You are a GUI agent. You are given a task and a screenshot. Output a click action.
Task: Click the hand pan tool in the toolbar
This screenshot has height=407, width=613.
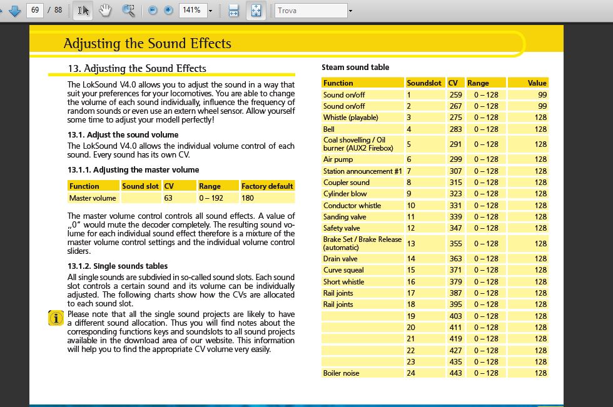(x=105, y=10)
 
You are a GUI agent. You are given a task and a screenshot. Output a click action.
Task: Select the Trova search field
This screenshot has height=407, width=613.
(x=310, y=10)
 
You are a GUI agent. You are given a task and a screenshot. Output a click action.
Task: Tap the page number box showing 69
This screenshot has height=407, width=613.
(x=35, y=10)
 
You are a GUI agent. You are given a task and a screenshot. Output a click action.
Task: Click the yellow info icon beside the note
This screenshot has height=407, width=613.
(x=56, y=318)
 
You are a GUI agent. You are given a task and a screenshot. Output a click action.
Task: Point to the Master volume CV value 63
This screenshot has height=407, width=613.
(x=168, y=198)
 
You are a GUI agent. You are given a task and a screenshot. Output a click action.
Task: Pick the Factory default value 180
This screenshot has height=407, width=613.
(x=248, y=198)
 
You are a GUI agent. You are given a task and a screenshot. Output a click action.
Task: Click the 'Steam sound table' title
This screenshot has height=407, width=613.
(x=355, y=67)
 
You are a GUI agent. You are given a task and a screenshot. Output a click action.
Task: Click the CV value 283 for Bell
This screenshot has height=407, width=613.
(x=455, y=129)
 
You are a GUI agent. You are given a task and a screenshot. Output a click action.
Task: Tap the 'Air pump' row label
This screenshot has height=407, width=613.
(x=338, y=159)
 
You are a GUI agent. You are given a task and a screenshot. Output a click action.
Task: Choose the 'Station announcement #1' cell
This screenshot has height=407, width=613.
(x=362, y=171)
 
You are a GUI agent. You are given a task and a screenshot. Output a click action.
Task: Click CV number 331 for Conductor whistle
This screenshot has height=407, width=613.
(x=455, y=205)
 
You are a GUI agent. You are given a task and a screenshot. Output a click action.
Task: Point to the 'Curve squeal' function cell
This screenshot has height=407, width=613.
(x=343, y=270)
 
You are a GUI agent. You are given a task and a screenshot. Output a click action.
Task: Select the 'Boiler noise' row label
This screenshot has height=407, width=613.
(x=342, y=373)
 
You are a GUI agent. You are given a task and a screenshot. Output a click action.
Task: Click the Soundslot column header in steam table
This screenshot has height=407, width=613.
(x=424, y=83)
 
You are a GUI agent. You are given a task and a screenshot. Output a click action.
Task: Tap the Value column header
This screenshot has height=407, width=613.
(x=537, y=83)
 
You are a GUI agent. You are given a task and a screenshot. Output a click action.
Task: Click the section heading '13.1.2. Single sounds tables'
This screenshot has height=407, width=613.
(x=118, y=266)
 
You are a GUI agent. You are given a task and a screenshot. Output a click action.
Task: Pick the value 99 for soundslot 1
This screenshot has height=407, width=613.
(x=541, y=94)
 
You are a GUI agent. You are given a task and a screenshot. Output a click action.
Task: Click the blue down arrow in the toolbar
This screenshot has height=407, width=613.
(x=15, y=10)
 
